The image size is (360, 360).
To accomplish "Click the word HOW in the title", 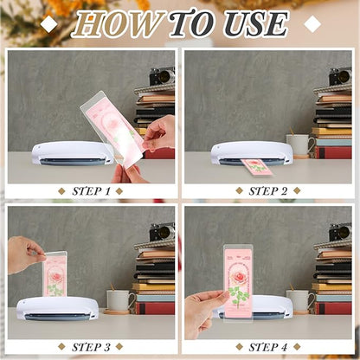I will (x=117, y=24).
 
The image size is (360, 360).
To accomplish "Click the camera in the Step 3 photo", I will (x=161, y=232).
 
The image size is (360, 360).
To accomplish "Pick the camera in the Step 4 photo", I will (x=339, y=232).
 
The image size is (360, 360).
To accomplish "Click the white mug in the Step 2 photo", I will (x=299, y=144).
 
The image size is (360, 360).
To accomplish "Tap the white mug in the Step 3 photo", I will (x=119, y=299).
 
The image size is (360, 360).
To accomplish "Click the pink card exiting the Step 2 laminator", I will (x=256, y=167).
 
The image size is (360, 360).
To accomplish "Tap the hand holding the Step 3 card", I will (x=25, y=254).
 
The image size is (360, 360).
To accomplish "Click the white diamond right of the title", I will (x=312, y=24).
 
